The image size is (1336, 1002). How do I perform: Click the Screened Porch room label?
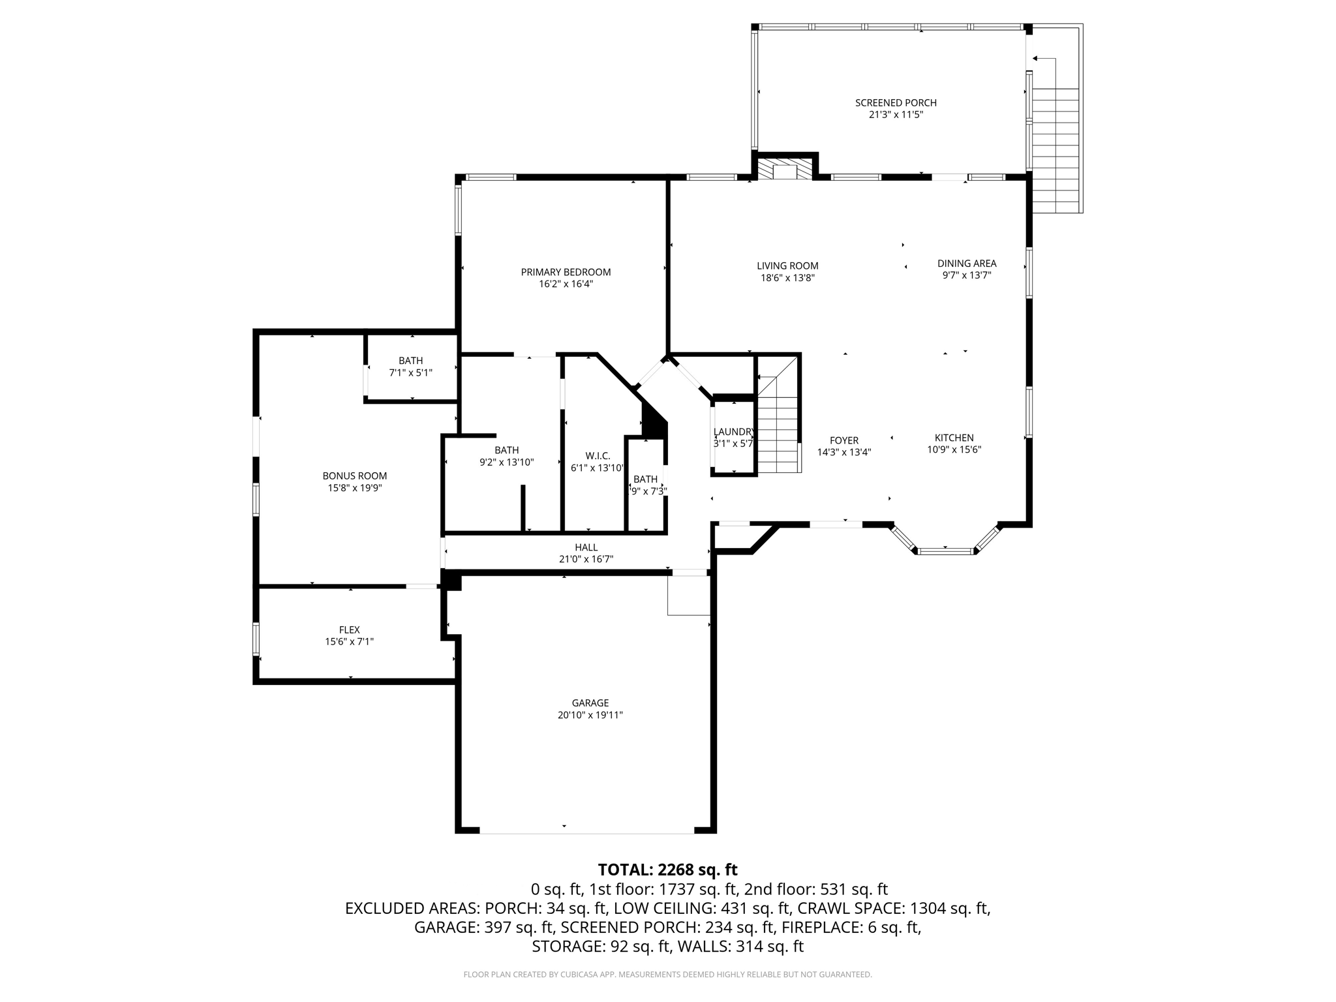pyautogui.click(x=896, y=103)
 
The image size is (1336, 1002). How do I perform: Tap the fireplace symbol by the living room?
pyautogui.click(x=785, y=169)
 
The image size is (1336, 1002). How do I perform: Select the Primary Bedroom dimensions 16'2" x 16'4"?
pyautogui.click(x=566, y=284)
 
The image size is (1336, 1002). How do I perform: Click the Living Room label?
pyautogui.click(x=787, y=266)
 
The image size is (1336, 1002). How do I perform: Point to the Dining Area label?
pyautogui.click(x=967, y=264)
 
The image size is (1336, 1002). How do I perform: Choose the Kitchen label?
pyautogui.click(x=954, y=438)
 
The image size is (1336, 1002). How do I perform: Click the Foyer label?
pyautogui.click(x=844, y=440)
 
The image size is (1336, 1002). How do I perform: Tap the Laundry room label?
pyautogui.click(x=734, y=432)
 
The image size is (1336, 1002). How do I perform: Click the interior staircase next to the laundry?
pyautogui.click(x=779, y=424)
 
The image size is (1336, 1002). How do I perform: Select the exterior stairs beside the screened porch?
pyautogui.click(x=1055, y=150)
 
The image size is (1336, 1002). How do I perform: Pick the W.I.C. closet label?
pyautogui.click(x=598, y=455)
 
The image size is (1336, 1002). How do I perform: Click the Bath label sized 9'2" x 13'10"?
pyautogui.click(x=506, y=450)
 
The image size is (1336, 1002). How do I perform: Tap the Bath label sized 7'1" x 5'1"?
pyautogui.click(x=411, y=361)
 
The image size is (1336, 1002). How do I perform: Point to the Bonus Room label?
pyautogui.click(x=355, y=476)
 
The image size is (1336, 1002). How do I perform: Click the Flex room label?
pyautogui.click(x=350, y=630)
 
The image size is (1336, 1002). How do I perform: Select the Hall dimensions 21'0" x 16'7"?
pyautogui.click(x=586, y=559)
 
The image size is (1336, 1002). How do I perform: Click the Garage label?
pyautogui.click(x=590, y=703)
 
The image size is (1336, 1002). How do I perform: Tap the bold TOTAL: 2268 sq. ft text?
pyautogui.click(x=667, y=870)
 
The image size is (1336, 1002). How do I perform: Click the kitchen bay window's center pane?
pyautogui.click(x=946, y=551)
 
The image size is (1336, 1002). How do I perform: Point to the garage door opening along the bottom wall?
pyautogui.click(x=586, y=832)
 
